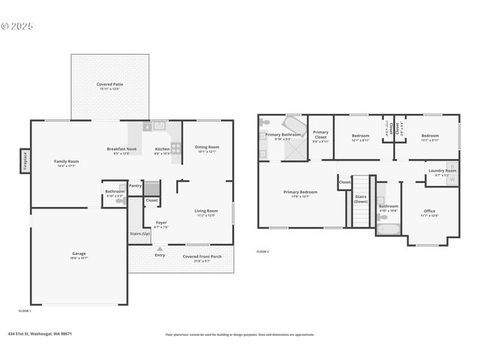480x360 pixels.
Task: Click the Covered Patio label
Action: (109, 85)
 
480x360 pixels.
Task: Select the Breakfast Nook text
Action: (121, 148)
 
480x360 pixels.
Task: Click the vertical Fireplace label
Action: (25, 161)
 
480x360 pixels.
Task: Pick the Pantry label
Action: (135, 185)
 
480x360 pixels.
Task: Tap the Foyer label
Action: (161, 222)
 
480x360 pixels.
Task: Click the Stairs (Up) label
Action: (139, 234)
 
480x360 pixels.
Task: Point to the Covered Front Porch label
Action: (202, 256)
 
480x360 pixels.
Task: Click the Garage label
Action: (79, 253)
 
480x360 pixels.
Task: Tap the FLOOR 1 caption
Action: (25, 310)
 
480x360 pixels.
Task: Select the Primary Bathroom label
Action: (283, 135)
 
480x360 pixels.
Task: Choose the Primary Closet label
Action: (320, 134)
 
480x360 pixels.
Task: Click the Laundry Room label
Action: (442, 170)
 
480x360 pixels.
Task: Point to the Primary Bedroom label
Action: (300, 192)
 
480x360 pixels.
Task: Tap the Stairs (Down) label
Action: (361, 199)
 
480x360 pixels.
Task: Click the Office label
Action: (429, 211)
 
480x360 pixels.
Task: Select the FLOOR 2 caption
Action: (262, 251)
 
